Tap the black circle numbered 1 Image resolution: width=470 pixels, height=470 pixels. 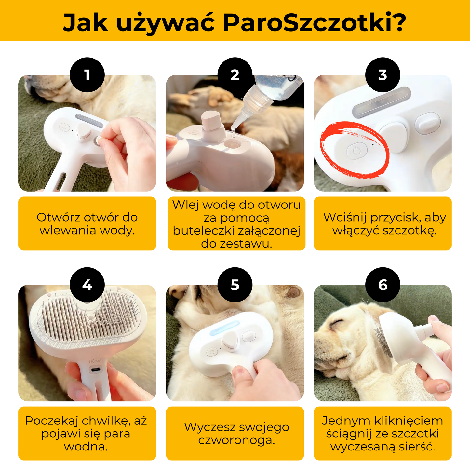tap(87, 75)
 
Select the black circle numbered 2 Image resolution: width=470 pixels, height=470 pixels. tap(235, 75)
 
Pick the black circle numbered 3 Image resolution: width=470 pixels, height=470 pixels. tap(383, 75)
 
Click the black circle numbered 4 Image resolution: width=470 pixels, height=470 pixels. tap(87, 285)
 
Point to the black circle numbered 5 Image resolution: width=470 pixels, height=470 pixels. tap(235, 285)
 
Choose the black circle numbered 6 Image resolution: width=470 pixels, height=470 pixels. tap(383, 285)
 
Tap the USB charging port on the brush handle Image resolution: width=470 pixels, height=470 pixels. tap(95, 370)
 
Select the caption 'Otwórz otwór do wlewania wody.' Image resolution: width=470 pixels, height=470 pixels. tap(87, 223)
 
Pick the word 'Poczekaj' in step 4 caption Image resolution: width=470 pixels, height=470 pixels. tap(52, 421)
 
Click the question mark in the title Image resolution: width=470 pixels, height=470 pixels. tap(398, 23)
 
